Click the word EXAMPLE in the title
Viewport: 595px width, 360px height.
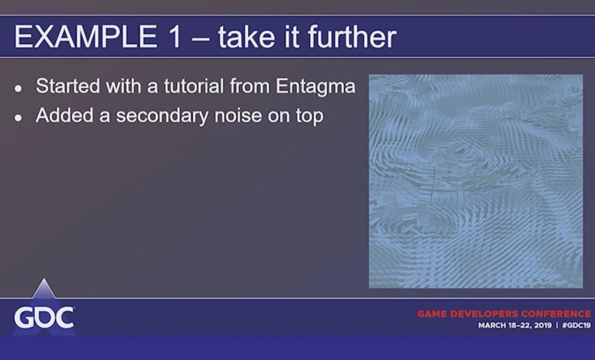pyautogui.click(x=85, y=37)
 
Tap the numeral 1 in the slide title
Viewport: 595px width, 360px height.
pyautogui.click(x=173, y=37)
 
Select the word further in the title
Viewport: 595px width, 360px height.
pyautogui.click(x=352, y=37)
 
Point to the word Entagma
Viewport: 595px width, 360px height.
pyautogui.click(x=316, y=87)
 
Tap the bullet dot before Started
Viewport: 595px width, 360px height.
pyautogui.click(x=18, y=89)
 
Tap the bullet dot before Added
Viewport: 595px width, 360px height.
pyautogui.click(x=18, y=118)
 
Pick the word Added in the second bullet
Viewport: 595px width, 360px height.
pyautogui.click(x=64, y=116)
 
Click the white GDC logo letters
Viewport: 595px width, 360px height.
pyautogui.click(x=44, y=318)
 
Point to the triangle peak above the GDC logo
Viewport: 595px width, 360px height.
pyautogui.click(x=44, y=279)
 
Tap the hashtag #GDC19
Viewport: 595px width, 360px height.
pyautogui.click(x=576, y=326)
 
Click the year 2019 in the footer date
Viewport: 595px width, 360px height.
pyautogui.click(x=543, y=326)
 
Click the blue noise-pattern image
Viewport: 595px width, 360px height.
pyautogui.click(x=476, y=181)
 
